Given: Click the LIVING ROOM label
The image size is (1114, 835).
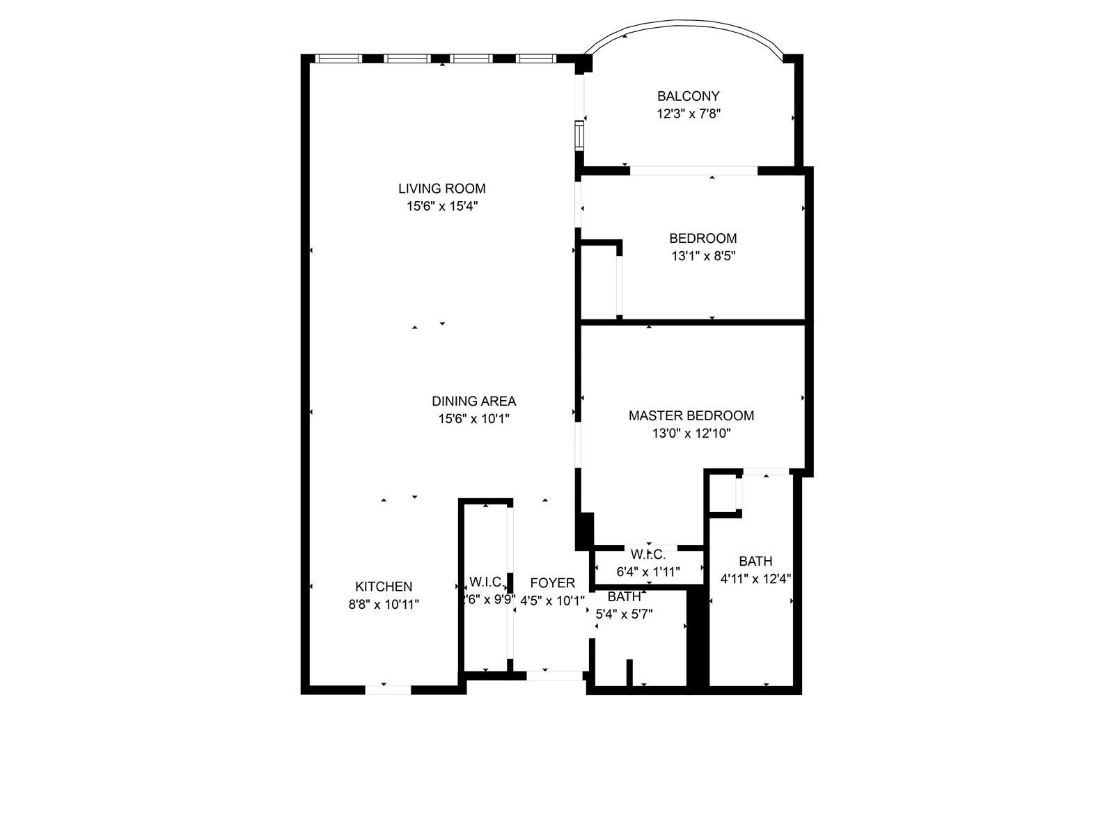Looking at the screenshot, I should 441,189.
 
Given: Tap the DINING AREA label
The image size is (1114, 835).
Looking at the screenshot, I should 473,401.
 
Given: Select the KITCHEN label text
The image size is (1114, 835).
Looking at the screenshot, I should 384,587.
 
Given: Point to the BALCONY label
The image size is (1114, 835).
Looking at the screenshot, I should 688,96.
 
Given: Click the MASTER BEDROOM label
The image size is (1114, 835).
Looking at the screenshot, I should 691,415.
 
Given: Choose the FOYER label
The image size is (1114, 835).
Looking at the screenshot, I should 552,583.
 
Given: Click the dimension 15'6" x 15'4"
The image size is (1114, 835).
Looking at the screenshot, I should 441,207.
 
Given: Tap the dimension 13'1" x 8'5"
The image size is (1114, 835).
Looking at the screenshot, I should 703,256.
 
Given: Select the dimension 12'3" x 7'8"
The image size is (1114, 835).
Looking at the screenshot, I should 688,114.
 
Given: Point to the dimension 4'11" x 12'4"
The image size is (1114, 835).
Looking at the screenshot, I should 755,579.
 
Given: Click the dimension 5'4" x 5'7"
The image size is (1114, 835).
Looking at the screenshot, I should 624,614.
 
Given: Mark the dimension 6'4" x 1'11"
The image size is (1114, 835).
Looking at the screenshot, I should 648,572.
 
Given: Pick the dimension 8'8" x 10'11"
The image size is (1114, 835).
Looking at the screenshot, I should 384,605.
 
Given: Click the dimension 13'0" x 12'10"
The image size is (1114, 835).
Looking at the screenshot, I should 691,434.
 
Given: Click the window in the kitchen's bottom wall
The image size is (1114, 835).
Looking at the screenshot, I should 388,690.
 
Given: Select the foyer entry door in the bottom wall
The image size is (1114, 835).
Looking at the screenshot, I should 554,675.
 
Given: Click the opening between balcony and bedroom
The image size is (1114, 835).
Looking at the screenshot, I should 693,170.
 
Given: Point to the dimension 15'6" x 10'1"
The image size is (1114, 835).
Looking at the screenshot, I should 473,420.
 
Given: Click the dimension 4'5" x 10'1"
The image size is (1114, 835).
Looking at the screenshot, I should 552,601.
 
